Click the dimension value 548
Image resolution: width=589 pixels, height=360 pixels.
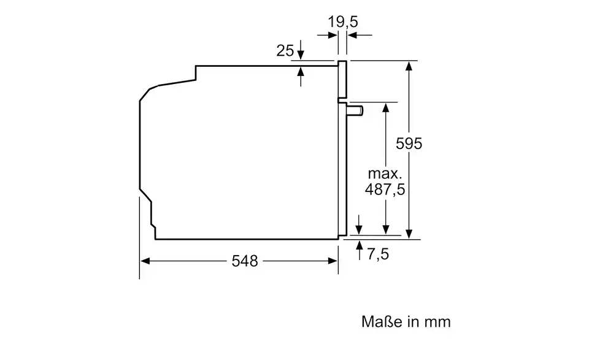[245, 261]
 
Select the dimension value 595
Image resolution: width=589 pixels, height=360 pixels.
[409, 144]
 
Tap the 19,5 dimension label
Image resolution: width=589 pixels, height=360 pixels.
[342, 22]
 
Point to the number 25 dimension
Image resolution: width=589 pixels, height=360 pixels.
[285, 50]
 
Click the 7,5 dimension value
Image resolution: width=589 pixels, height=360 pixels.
[378, 254]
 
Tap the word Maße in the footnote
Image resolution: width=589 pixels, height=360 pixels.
[380, 322]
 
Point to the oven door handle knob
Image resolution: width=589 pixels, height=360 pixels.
[355, 110]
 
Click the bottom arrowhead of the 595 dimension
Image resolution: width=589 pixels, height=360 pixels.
[410, 233]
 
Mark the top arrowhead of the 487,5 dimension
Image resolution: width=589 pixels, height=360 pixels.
[386, 107]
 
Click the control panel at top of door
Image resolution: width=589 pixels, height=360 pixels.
[342, 80]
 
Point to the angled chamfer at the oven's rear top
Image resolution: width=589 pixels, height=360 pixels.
[145, 94]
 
